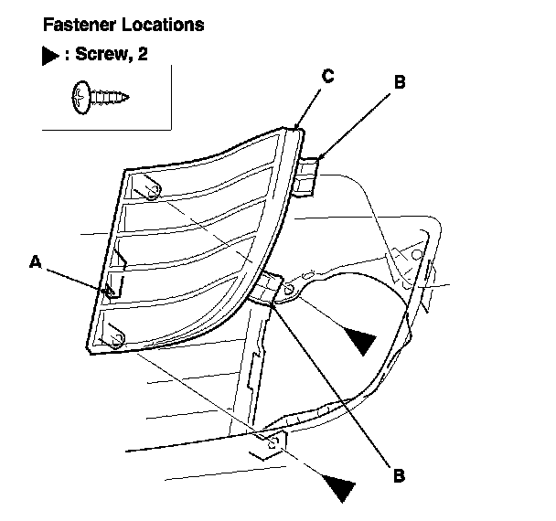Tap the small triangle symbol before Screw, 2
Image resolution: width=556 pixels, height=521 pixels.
(x=49, y=57)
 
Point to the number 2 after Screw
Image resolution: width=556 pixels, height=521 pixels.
(x=143, y=57)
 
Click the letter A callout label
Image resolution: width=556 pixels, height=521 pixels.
(x=35, y=262)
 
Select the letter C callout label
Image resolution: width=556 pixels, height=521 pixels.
(x=326, y=77)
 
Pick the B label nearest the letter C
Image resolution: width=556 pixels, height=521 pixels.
(x=399, y=82)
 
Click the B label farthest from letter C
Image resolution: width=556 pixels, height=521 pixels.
(x=398, y=475)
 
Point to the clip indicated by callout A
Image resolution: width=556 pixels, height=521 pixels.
(x=110, y=290)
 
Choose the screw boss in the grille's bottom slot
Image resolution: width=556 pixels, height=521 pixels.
(x=115, y=338)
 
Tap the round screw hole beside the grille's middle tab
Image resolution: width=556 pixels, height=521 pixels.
(x=289, y=290)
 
